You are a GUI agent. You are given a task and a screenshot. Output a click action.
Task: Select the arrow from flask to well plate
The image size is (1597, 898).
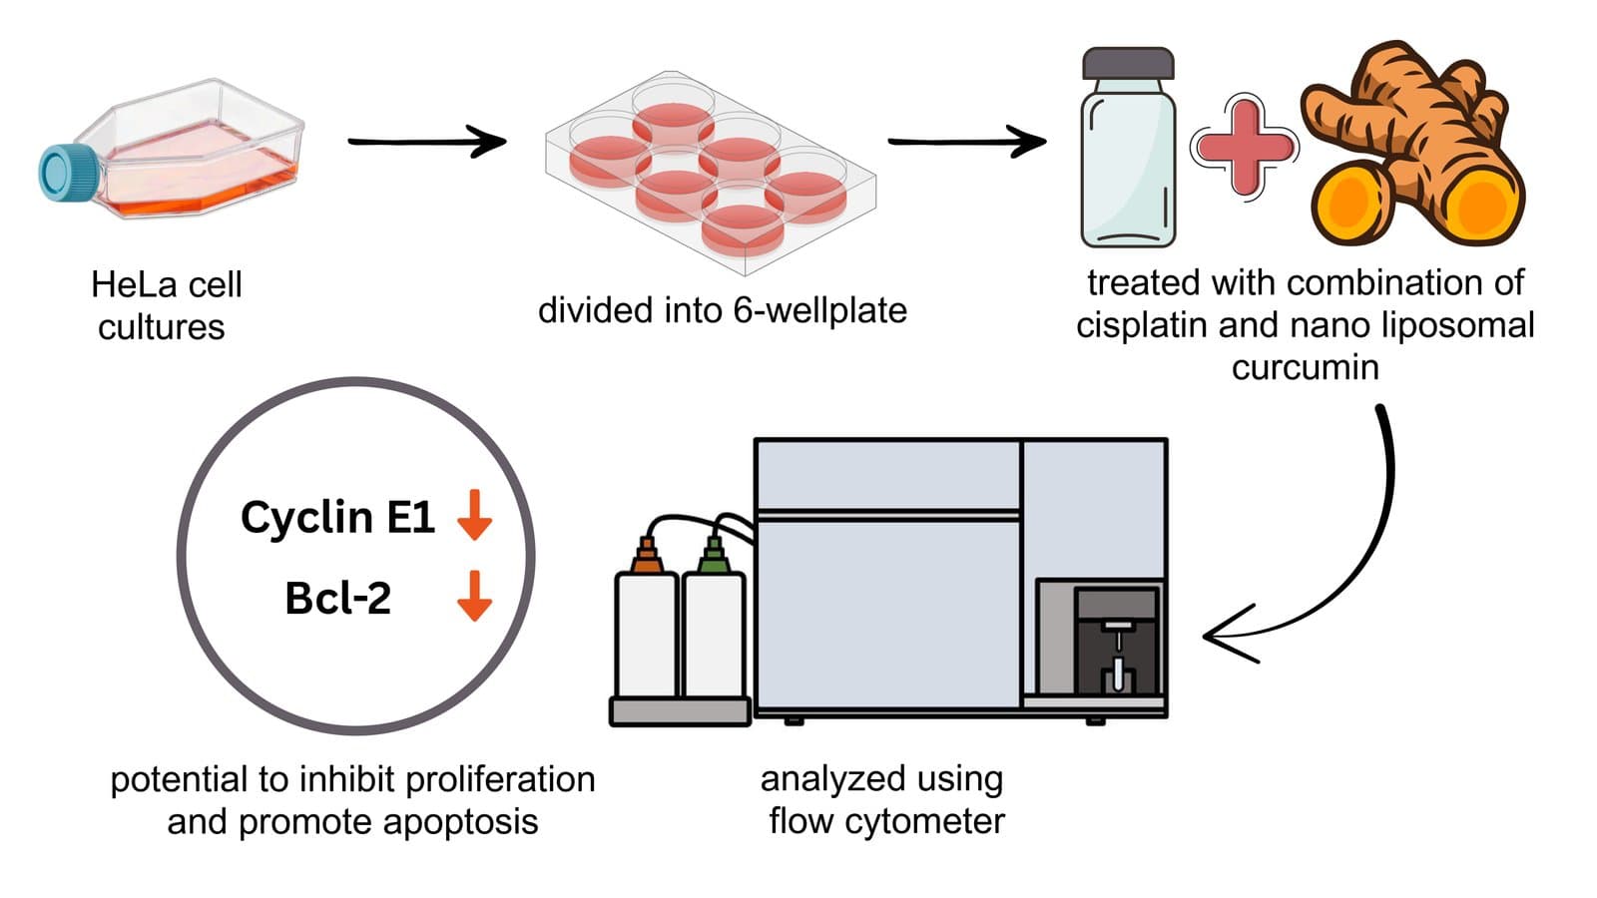[x=426, y=142]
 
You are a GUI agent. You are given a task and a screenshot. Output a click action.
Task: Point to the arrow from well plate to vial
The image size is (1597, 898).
[x=966, y=142]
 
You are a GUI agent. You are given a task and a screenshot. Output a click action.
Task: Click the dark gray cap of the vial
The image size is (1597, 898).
[x=1128, y=63]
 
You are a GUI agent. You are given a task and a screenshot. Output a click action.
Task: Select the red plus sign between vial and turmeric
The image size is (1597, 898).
[x=1243, y=147]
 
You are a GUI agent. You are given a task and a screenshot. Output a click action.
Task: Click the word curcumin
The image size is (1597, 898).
[x=1305, y=367]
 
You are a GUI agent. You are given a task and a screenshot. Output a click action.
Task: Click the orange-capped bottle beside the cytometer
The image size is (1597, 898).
[x=647, y=629]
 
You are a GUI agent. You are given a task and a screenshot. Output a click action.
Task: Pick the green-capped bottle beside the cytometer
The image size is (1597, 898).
[x=714, y=629]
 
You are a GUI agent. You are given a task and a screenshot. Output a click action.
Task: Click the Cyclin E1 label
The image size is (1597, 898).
[x=337, y=517]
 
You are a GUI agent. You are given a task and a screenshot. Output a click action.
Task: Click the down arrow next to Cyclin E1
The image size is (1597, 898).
[x=474, y=515]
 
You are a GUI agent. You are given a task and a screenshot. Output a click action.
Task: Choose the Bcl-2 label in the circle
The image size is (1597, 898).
[x=337, y=599]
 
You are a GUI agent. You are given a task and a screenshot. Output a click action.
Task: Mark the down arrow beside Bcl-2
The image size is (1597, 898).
[x=474, y=596]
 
